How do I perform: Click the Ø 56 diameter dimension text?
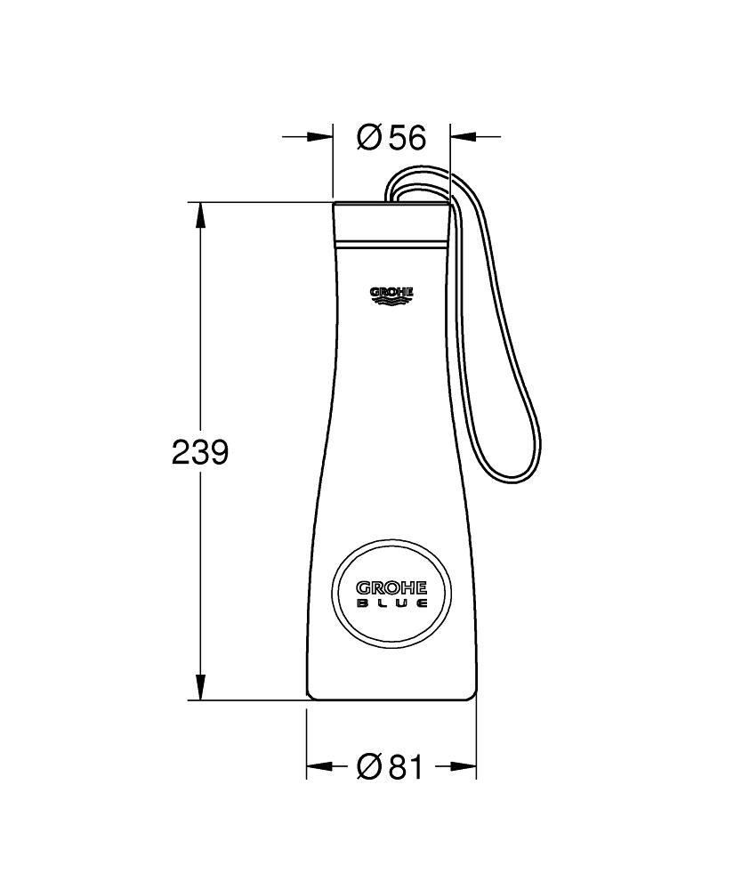[391, 137]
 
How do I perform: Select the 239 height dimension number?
[200, 452]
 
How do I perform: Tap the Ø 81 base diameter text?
[391, 767]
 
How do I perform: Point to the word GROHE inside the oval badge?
[391, 587]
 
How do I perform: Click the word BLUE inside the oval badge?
[391, 603]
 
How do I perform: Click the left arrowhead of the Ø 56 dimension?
[319, 136]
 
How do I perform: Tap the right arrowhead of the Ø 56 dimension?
[463, 136]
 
